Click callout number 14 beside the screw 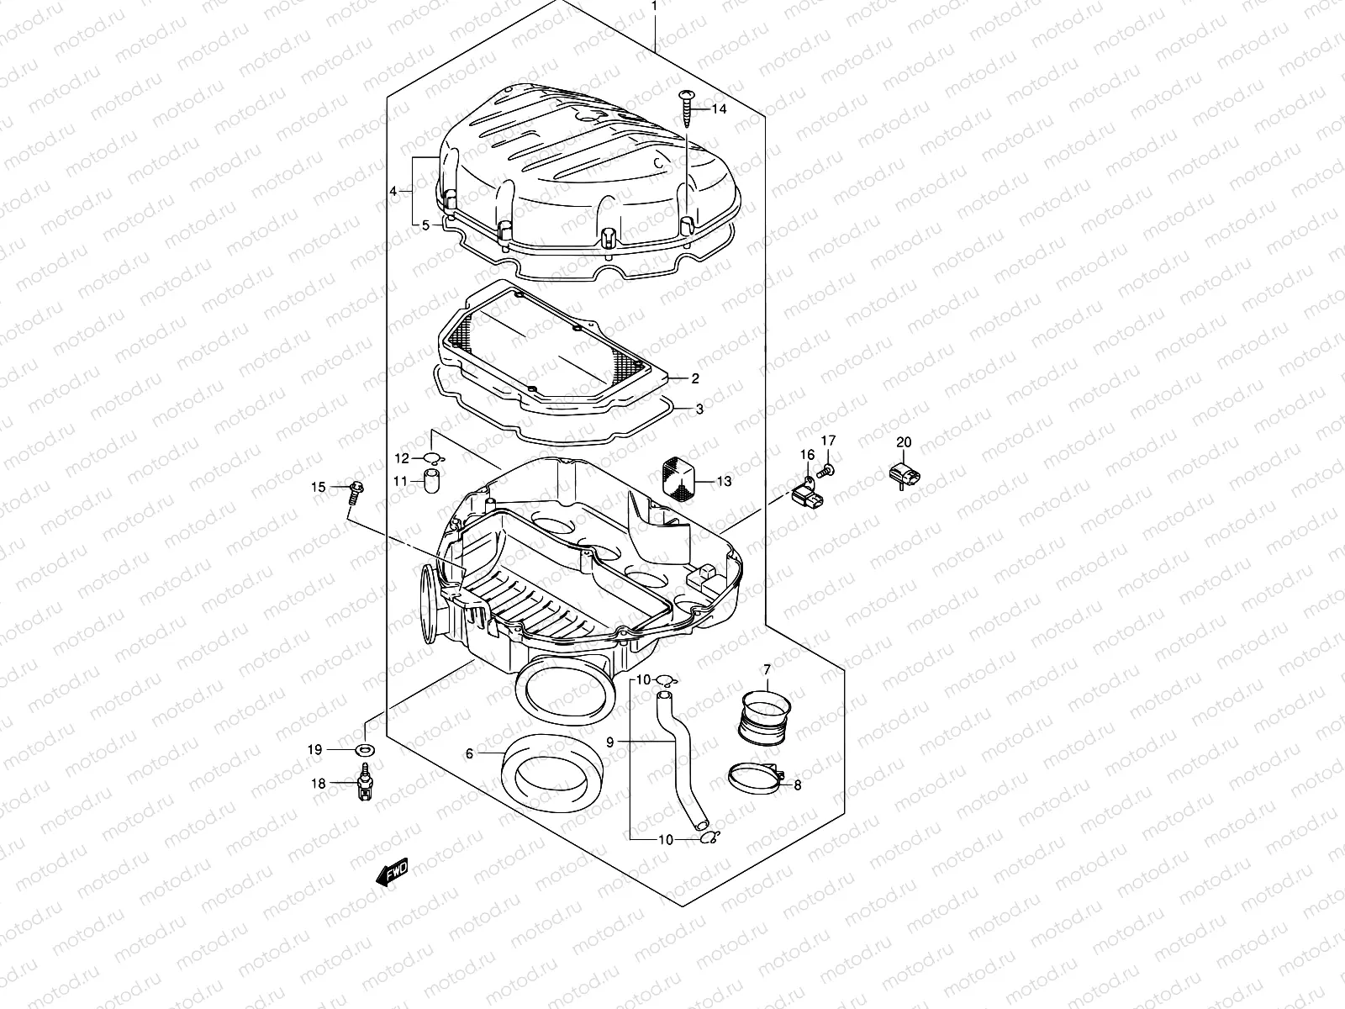coord(719,110)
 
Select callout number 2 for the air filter coord(695,379)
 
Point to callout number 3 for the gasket coord(699,410)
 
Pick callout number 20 coord(904,442)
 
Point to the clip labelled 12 coord(433,458)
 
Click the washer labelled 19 coord(367,749)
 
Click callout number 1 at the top coord(656,8)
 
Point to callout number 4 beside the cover coord(393,192)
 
